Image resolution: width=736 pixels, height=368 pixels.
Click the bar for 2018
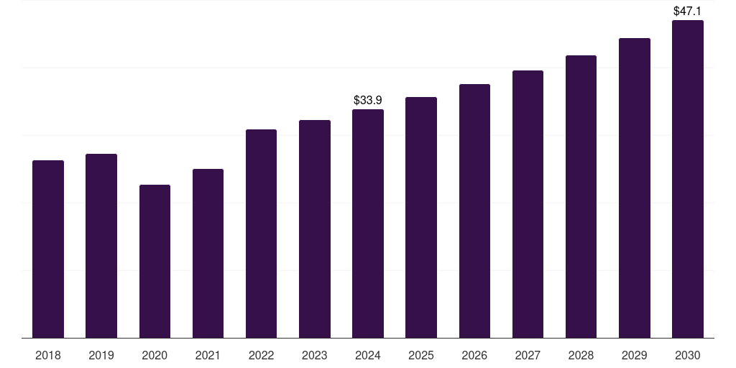tap(48, 249)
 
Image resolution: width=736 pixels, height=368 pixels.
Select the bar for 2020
tap(155, 261)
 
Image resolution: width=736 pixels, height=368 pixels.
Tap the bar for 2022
tap(261, 234)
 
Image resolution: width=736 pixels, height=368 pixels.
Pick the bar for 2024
tap(368, 224)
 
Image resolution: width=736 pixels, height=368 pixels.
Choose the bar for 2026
tap(474, 211)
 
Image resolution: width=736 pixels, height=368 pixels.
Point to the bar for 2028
tap(581, 196)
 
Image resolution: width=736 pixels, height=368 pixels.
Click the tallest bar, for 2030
tap(687, 179)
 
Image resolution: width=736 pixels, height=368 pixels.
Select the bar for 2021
tap(208, 253)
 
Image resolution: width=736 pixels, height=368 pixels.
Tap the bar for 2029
tap(634, 188)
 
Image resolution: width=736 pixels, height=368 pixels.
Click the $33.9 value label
tap(368, 101)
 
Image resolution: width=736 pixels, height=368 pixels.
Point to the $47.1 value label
tap(687, 11)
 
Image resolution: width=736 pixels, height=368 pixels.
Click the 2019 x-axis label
tap(101, 355)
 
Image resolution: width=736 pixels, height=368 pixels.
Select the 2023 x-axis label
tap(315, 355)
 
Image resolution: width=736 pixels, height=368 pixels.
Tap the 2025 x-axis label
tap(421, 355)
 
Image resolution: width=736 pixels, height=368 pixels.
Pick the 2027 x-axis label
tap(528, 355)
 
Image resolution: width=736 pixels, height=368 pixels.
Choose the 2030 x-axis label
tap(687, 355)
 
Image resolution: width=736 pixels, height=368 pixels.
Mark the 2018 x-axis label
tap(48, 355)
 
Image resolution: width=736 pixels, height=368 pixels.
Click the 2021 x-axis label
tap(208, 355)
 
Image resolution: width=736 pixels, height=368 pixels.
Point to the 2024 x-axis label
tap(368, 355)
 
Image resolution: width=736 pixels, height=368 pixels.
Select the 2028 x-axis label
tap(581, 355)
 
